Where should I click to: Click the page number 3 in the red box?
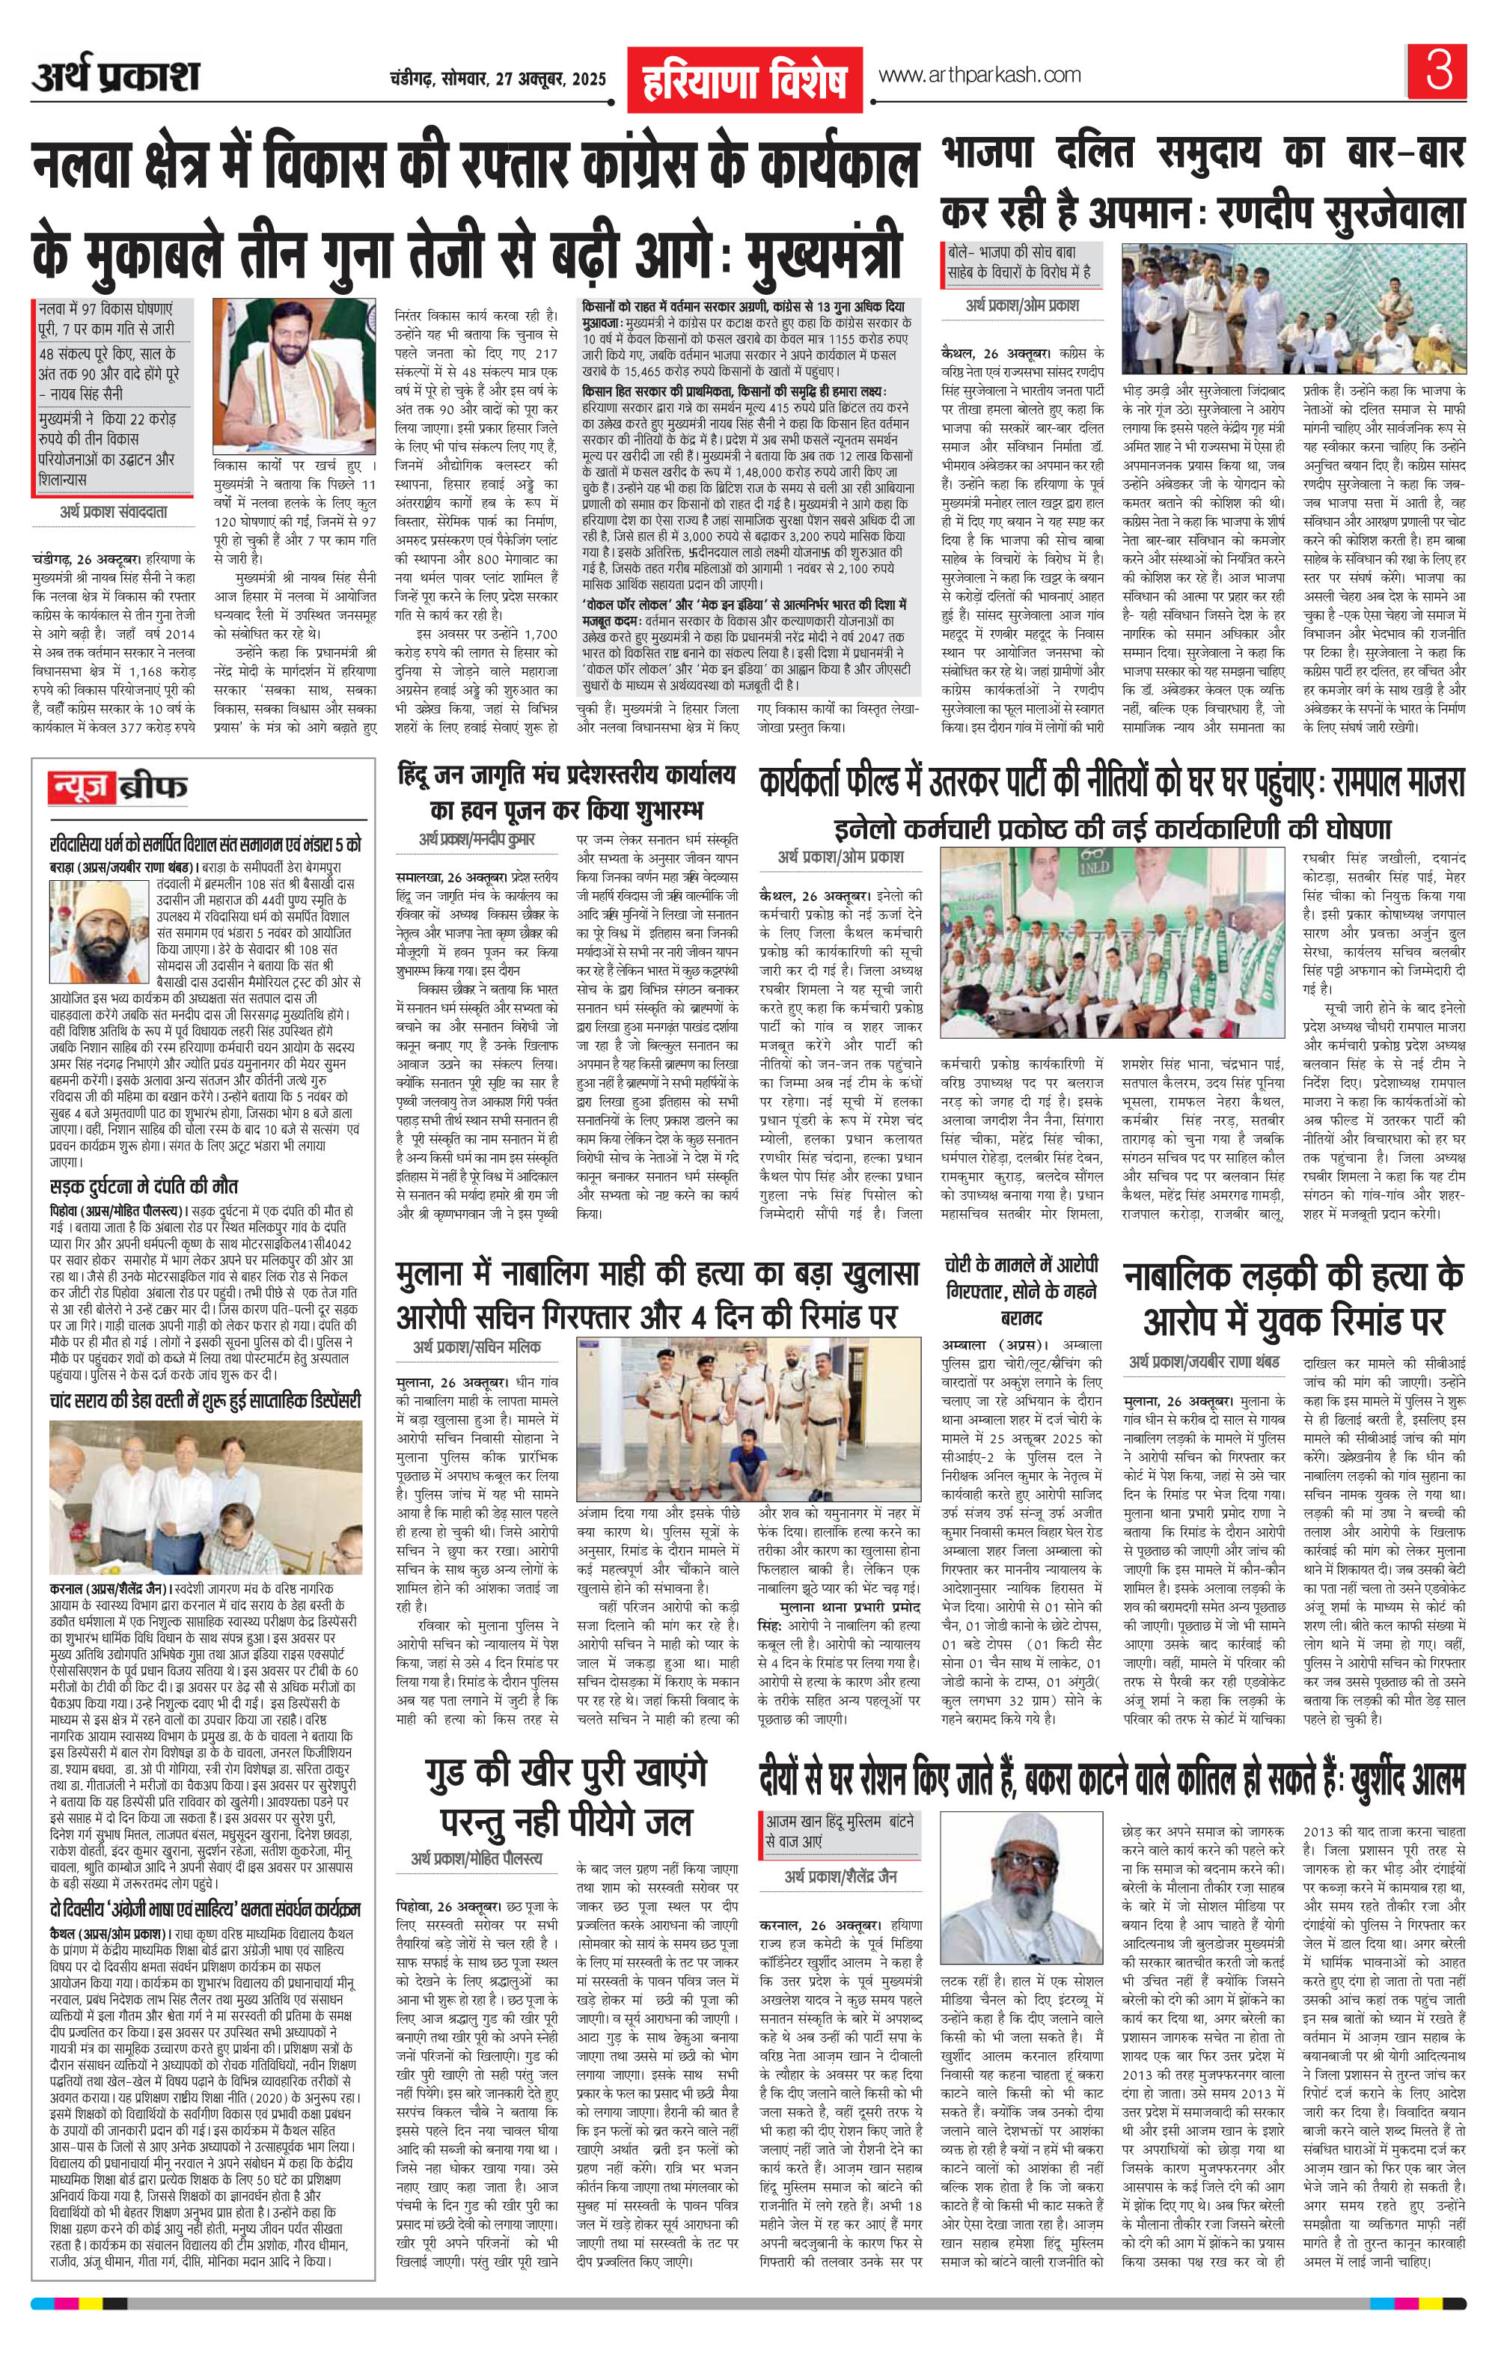point(1438,74)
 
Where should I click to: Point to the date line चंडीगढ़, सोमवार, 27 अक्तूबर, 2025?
point(496,79)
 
